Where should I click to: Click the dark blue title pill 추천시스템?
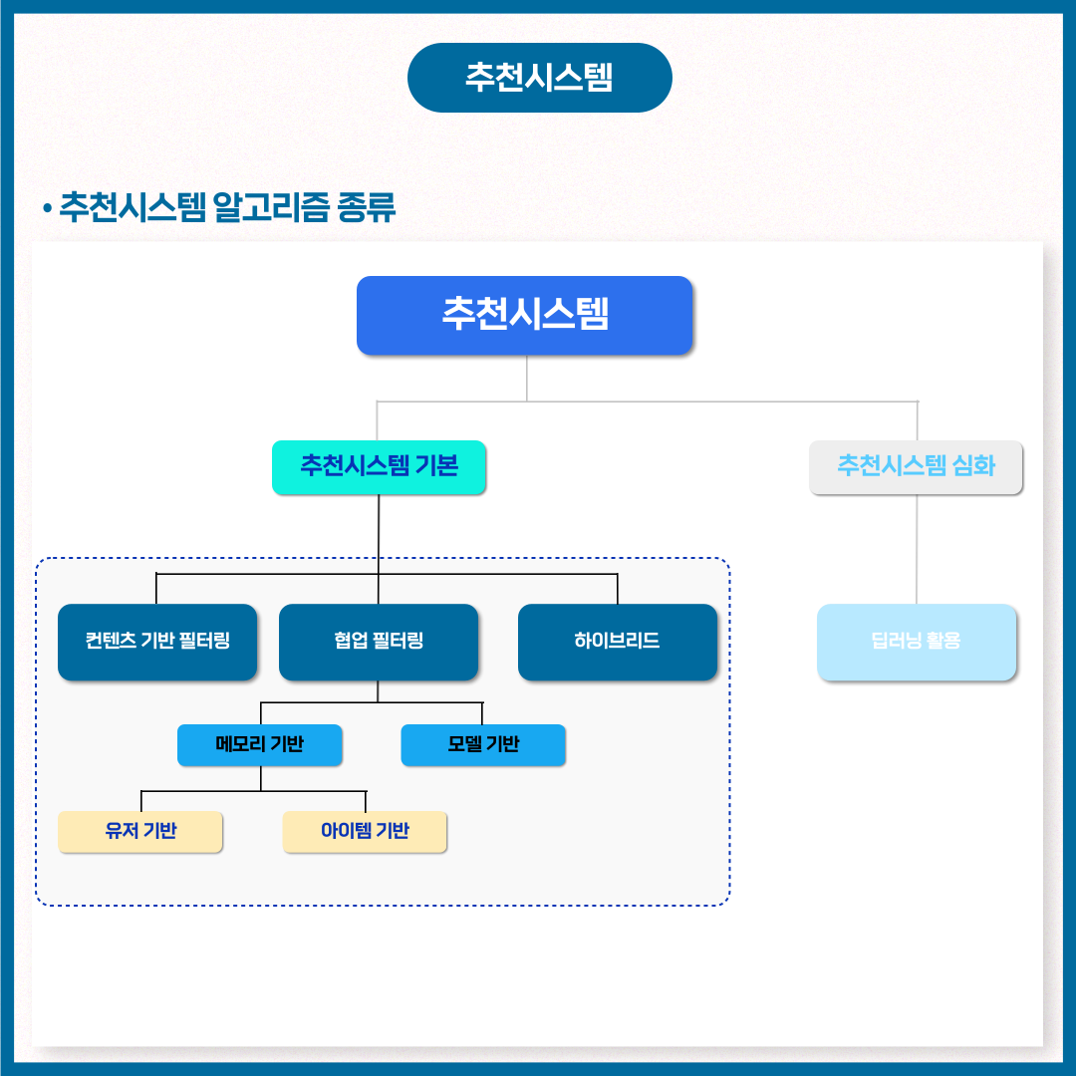tap(539, 78)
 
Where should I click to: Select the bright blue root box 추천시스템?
tap(524, 316)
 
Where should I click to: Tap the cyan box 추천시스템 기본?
tap(379, 467)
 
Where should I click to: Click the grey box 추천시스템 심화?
tap(917, 467)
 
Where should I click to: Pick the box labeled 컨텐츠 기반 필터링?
tap(157, 643)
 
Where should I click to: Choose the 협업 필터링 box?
tap(379, 643)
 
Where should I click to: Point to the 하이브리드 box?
tap(618, 643)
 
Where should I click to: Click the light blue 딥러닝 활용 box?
tap(917, 643)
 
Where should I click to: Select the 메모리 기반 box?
tap(259, 745)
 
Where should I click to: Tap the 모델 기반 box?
tap(483, 745)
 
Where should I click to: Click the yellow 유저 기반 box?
tap(140, 832)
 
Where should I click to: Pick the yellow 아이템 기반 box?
tap(365, 832)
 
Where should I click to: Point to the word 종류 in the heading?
tap(367, 207)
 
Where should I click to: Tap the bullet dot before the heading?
tap(48, 207)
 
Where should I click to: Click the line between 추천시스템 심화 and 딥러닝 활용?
tap(917, 549)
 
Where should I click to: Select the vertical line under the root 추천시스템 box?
tap(526, 379)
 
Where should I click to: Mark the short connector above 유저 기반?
tap(141, 801)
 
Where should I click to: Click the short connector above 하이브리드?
tap(618, 589)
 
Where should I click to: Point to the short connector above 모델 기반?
tap(482, 713)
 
